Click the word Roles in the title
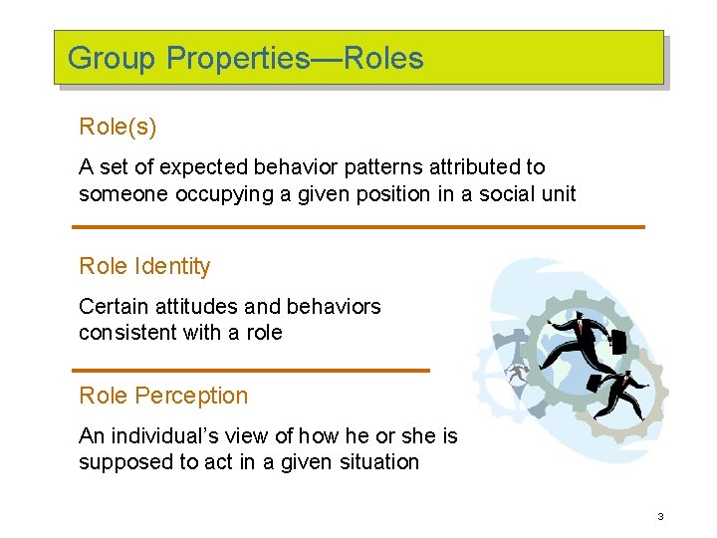tap(383, 58)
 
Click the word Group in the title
tap(112, 58)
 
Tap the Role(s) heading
tap(118, 128)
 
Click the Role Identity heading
tap(144, 266)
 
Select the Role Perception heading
tap(163, 396)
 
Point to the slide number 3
tap(659, 516)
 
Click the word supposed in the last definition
tap(124, 461)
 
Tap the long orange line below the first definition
tap(358, 227)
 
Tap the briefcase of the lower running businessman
tap(596, 383)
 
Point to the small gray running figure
tap(517, 375)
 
